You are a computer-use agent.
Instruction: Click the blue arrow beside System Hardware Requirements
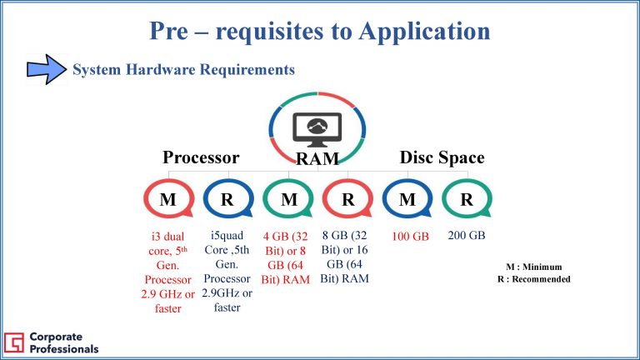click(47, 69)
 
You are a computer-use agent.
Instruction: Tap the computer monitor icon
click(317, 130)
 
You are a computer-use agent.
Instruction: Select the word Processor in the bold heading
click(201, 157)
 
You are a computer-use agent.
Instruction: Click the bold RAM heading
click(317, 159)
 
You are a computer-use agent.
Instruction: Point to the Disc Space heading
click(442, 157)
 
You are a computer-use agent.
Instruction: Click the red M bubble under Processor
click(168, 199)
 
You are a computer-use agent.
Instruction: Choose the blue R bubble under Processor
click(228, 199)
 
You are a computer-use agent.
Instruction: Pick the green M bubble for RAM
click(288, 199)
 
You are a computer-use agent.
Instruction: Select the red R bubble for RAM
click(347, 199)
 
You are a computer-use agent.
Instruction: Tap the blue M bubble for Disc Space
click(407, 199)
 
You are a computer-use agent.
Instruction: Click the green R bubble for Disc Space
click(467, 199)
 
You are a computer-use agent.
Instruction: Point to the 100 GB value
click(410, 237)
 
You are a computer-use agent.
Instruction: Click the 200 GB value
click(467, 236)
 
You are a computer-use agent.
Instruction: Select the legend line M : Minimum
click(534, 267)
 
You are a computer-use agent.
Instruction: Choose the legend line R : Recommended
click(534, 279)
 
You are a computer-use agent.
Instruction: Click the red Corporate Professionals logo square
click(14, 342)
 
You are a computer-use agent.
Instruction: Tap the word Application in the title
click(424, 32)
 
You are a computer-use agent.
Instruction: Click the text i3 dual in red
click(167, 237)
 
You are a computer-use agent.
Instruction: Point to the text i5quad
click(227, 236)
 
